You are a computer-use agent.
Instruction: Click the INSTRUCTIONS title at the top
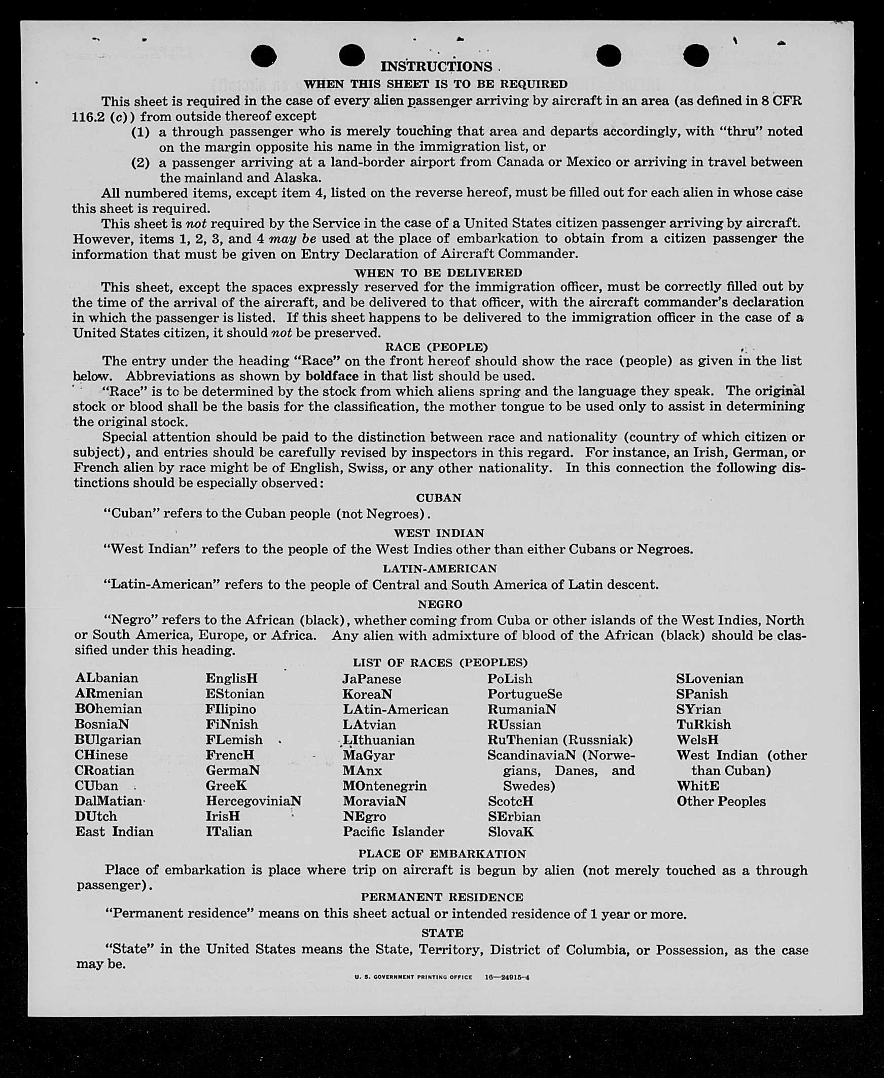click(436, 66)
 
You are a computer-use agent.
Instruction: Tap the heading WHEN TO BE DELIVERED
click(438, 273)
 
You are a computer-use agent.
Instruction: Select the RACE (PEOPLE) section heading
click(436, 347)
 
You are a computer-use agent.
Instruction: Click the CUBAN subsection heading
click(438, 498)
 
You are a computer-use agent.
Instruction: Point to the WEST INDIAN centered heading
click(438, 533)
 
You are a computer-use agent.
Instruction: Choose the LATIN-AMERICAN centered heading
click(439, 569)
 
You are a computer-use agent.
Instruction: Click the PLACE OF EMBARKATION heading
click(441, 854)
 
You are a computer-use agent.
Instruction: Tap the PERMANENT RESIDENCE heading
click(441, 897)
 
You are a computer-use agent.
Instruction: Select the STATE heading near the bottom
click(442, 933)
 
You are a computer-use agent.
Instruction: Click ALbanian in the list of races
click(107, 678)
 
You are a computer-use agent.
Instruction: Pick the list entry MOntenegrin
click(384, 786)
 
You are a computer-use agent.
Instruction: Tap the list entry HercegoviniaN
click(253, 801)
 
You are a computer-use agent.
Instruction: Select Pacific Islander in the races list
click(393, 831)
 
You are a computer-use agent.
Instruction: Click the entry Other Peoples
click(721, 801)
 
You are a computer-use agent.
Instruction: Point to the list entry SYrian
click(698, 709)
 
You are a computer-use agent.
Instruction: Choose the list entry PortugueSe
click(524, 694)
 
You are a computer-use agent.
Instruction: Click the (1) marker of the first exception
click(140, 132)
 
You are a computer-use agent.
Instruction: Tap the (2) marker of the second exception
click(140, 163)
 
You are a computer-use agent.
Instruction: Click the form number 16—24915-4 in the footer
click(507, 977)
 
